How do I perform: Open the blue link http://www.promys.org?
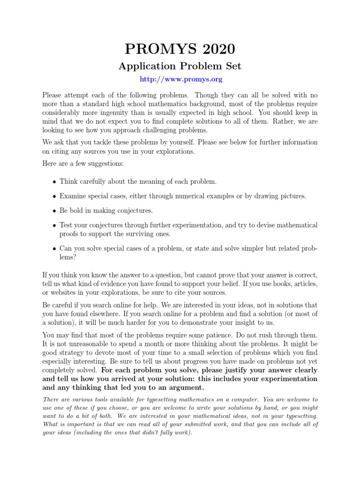(x=180, y=79)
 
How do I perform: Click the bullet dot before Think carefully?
(x=54, y=182)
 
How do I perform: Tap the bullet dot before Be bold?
(x=54, y=211)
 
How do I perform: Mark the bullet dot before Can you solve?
(x=54, y=248)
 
